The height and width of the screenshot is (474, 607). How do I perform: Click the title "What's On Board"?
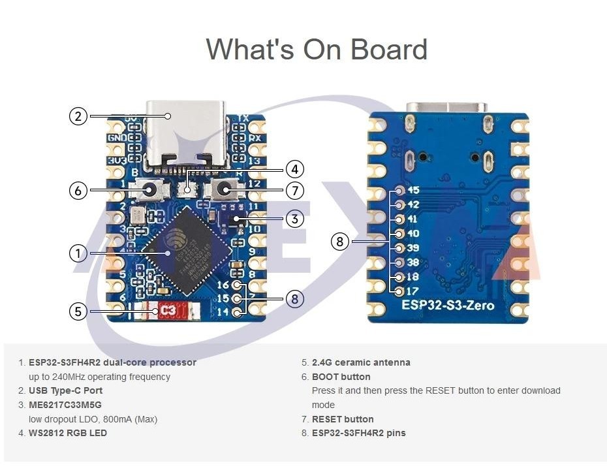(317, 50)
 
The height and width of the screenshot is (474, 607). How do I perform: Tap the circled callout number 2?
(78, 116)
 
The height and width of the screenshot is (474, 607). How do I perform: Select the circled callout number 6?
(78, 191)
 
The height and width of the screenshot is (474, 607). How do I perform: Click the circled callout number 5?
(78, 311)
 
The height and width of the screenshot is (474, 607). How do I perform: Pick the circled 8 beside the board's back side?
(339, 242)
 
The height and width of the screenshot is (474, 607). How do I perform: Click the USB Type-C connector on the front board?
(186, 131)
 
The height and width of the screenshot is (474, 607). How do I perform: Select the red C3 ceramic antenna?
(168, 311)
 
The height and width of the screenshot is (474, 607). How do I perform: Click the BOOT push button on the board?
(149, 191)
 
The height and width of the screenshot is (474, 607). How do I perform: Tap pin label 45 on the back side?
(412, 191)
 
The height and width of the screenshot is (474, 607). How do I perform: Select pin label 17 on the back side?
(412, 291)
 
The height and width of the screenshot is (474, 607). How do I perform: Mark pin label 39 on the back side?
(412, 248)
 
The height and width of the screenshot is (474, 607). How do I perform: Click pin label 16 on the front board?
(223, 285)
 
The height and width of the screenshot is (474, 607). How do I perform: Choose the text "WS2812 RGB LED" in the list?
(68, 433)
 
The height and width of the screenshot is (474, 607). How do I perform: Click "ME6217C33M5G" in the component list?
(65, 405)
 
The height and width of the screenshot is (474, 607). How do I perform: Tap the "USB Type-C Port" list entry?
(65, 390)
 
